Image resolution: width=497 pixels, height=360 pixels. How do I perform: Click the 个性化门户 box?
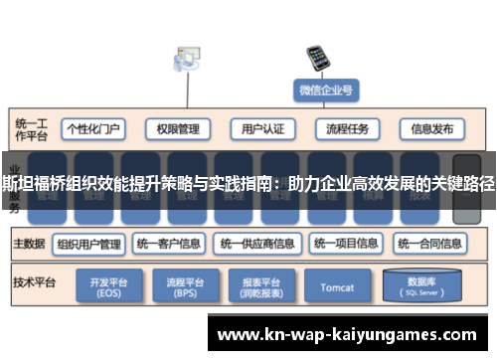point(93,128)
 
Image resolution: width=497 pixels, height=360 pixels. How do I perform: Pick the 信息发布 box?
point(432,128)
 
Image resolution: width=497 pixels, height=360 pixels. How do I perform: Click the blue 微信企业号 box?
point(325,90)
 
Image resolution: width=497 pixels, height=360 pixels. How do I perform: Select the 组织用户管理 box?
point(88,243)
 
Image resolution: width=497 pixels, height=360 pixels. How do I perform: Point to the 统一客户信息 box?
point(169,243)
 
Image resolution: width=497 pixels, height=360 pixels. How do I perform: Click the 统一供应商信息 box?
point(256,243)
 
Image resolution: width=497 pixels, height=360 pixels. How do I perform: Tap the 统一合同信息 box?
point(430,243)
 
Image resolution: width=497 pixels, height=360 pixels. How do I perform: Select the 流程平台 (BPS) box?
point(184,288)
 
